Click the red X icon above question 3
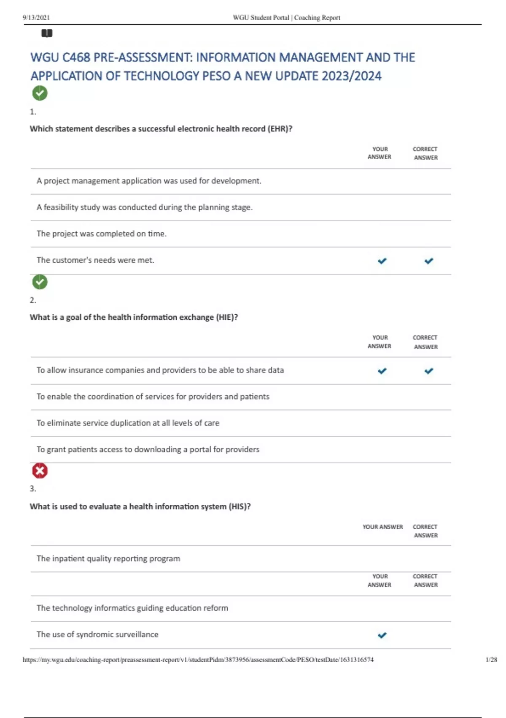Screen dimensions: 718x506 (x=40, y=471)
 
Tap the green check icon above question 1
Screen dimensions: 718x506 (x=40, y=93)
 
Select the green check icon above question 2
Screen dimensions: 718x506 (x=40, y=282)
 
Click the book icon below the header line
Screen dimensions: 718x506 (x=47, y=33)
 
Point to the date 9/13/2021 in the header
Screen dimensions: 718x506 (x=36, y=18)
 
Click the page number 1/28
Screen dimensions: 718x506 (x=491, y=659)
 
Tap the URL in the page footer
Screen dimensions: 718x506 (x=198, y=659)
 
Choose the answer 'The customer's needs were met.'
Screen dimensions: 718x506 (x=96, y=260)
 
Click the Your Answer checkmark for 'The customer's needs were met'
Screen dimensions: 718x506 (x=382, y=261)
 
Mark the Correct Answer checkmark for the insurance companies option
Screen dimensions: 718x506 (x=429, y=371)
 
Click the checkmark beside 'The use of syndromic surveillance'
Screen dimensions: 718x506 (x=382, y=635)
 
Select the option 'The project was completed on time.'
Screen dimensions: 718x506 (x=102, y=234)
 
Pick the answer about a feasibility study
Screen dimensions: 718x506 (x=145, y=207)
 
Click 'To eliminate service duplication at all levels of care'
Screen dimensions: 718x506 (x=128, y=423)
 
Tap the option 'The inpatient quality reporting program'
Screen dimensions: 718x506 (x=108, y=558)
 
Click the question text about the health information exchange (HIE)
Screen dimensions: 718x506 (x=134, y=317)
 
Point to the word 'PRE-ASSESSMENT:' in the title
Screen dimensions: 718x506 (x=143, y=57)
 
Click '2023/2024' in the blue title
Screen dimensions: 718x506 (x=352, y=76)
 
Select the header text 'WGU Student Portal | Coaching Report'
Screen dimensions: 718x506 (x=286, y=18)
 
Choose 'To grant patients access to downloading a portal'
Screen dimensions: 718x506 (x=148, y=449)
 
